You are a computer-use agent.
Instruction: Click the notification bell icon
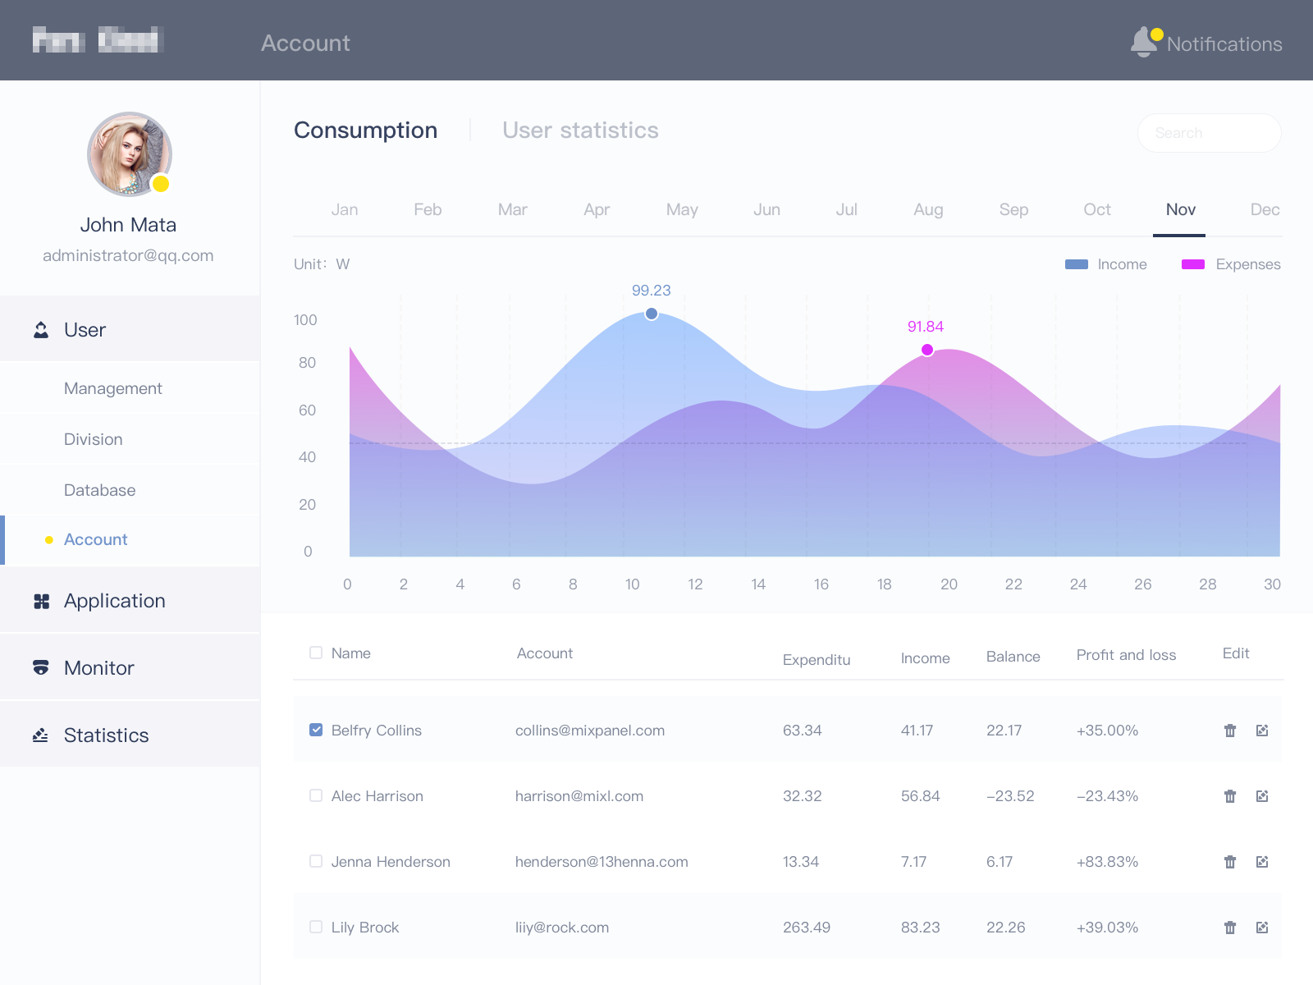pyautogui.click(x=1144, y=42)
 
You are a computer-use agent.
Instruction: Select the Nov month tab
pyautogui.click(x=1180, y=210)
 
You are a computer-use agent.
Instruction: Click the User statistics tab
pyautogui.click(x=580, y=131)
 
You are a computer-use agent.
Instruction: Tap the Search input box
pyautogui.click(x=1209, y=133)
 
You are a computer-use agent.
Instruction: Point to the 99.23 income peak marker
pyautogui.click(x=652, y=314)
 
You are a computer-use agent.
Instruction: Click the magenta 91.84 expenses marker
pyautogui.click(x=927, y=350)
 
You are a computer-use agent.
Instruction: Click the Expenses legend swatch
pyautogui.click(x=1192, y=264)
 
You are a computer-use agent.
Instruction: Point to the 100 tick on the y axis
pyautogui.click(x=305, y=320)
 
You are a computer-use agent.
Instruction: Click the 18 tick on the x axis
pyautogui.click(x=884, y=584)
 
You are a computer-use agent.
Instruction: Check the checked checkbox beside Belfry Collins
pyautogui.click(x=316, y=730)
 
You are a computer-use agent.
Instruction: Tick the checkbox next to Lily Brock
pyautogui.click(x=316, y=927)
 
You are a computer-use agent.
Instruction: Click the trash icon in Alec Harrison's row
pyautogui.click(x=1229, y=796)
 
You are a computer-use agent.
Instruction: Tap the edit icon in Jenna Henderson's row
pyautogui.click(x=1262, y=862)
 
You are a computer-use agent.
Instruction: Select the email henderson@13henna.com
pyautogui.click(x=602, y=862)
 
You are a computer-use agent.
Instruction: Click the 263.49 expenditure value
pyautogui.click(x=806, y=928)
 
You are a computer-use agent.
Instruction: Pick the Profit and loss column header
pyautogui.click(x=1126, y=655)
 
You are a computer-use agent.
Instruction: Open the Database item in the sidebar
pyautogui.click(x=100, y=490)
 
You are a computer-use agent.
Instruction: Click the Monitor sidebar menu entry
pyautogui.click(x=99, y=668)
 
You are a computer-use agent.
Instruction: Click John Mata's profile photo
pyautogui.click(x=129, y=154)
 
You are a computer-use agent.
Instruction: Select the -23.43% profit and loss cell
pyautogui.click(x=1107, y=796)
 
